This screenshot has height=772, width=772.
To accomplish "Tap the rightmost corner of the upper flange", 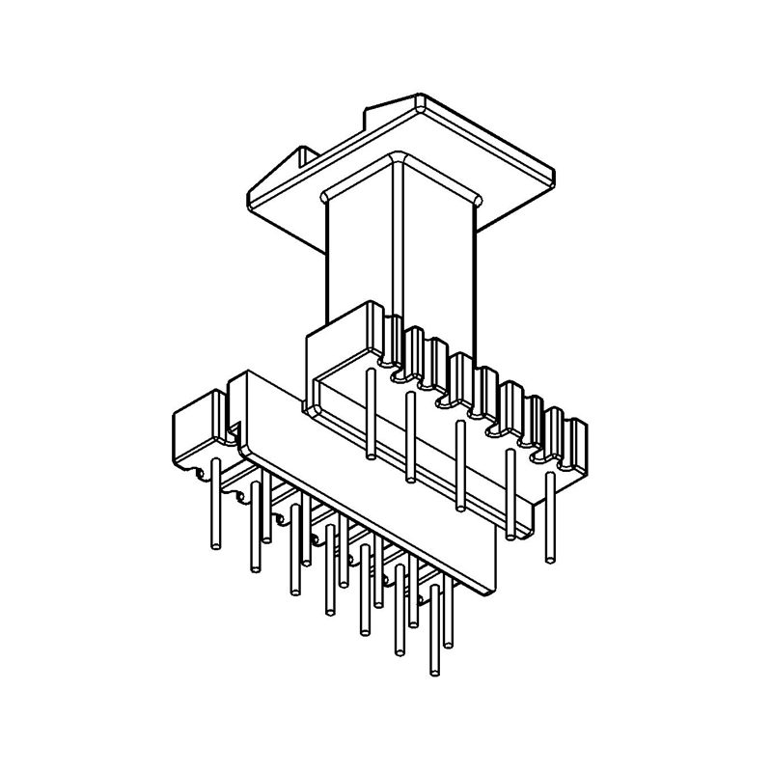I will (x=555, y=182).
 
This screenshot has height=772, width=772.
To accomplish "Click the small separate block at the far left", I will (x=198, y=429).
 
